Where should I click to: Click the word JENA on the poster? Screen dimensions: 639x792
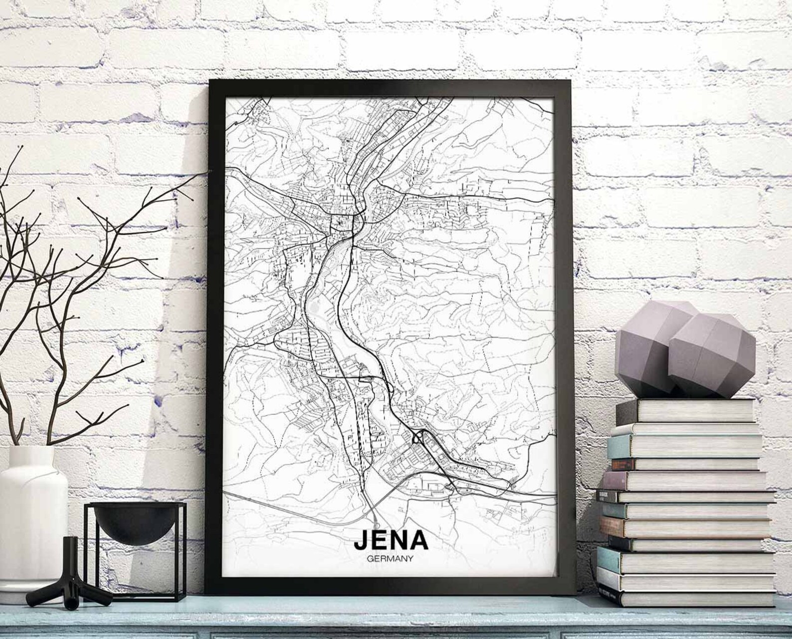(391, 540)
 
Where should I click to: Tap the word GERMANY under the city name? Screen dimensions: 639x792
(391, 559)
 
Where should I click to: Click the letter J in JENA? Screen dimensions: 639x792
(361, 540)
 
